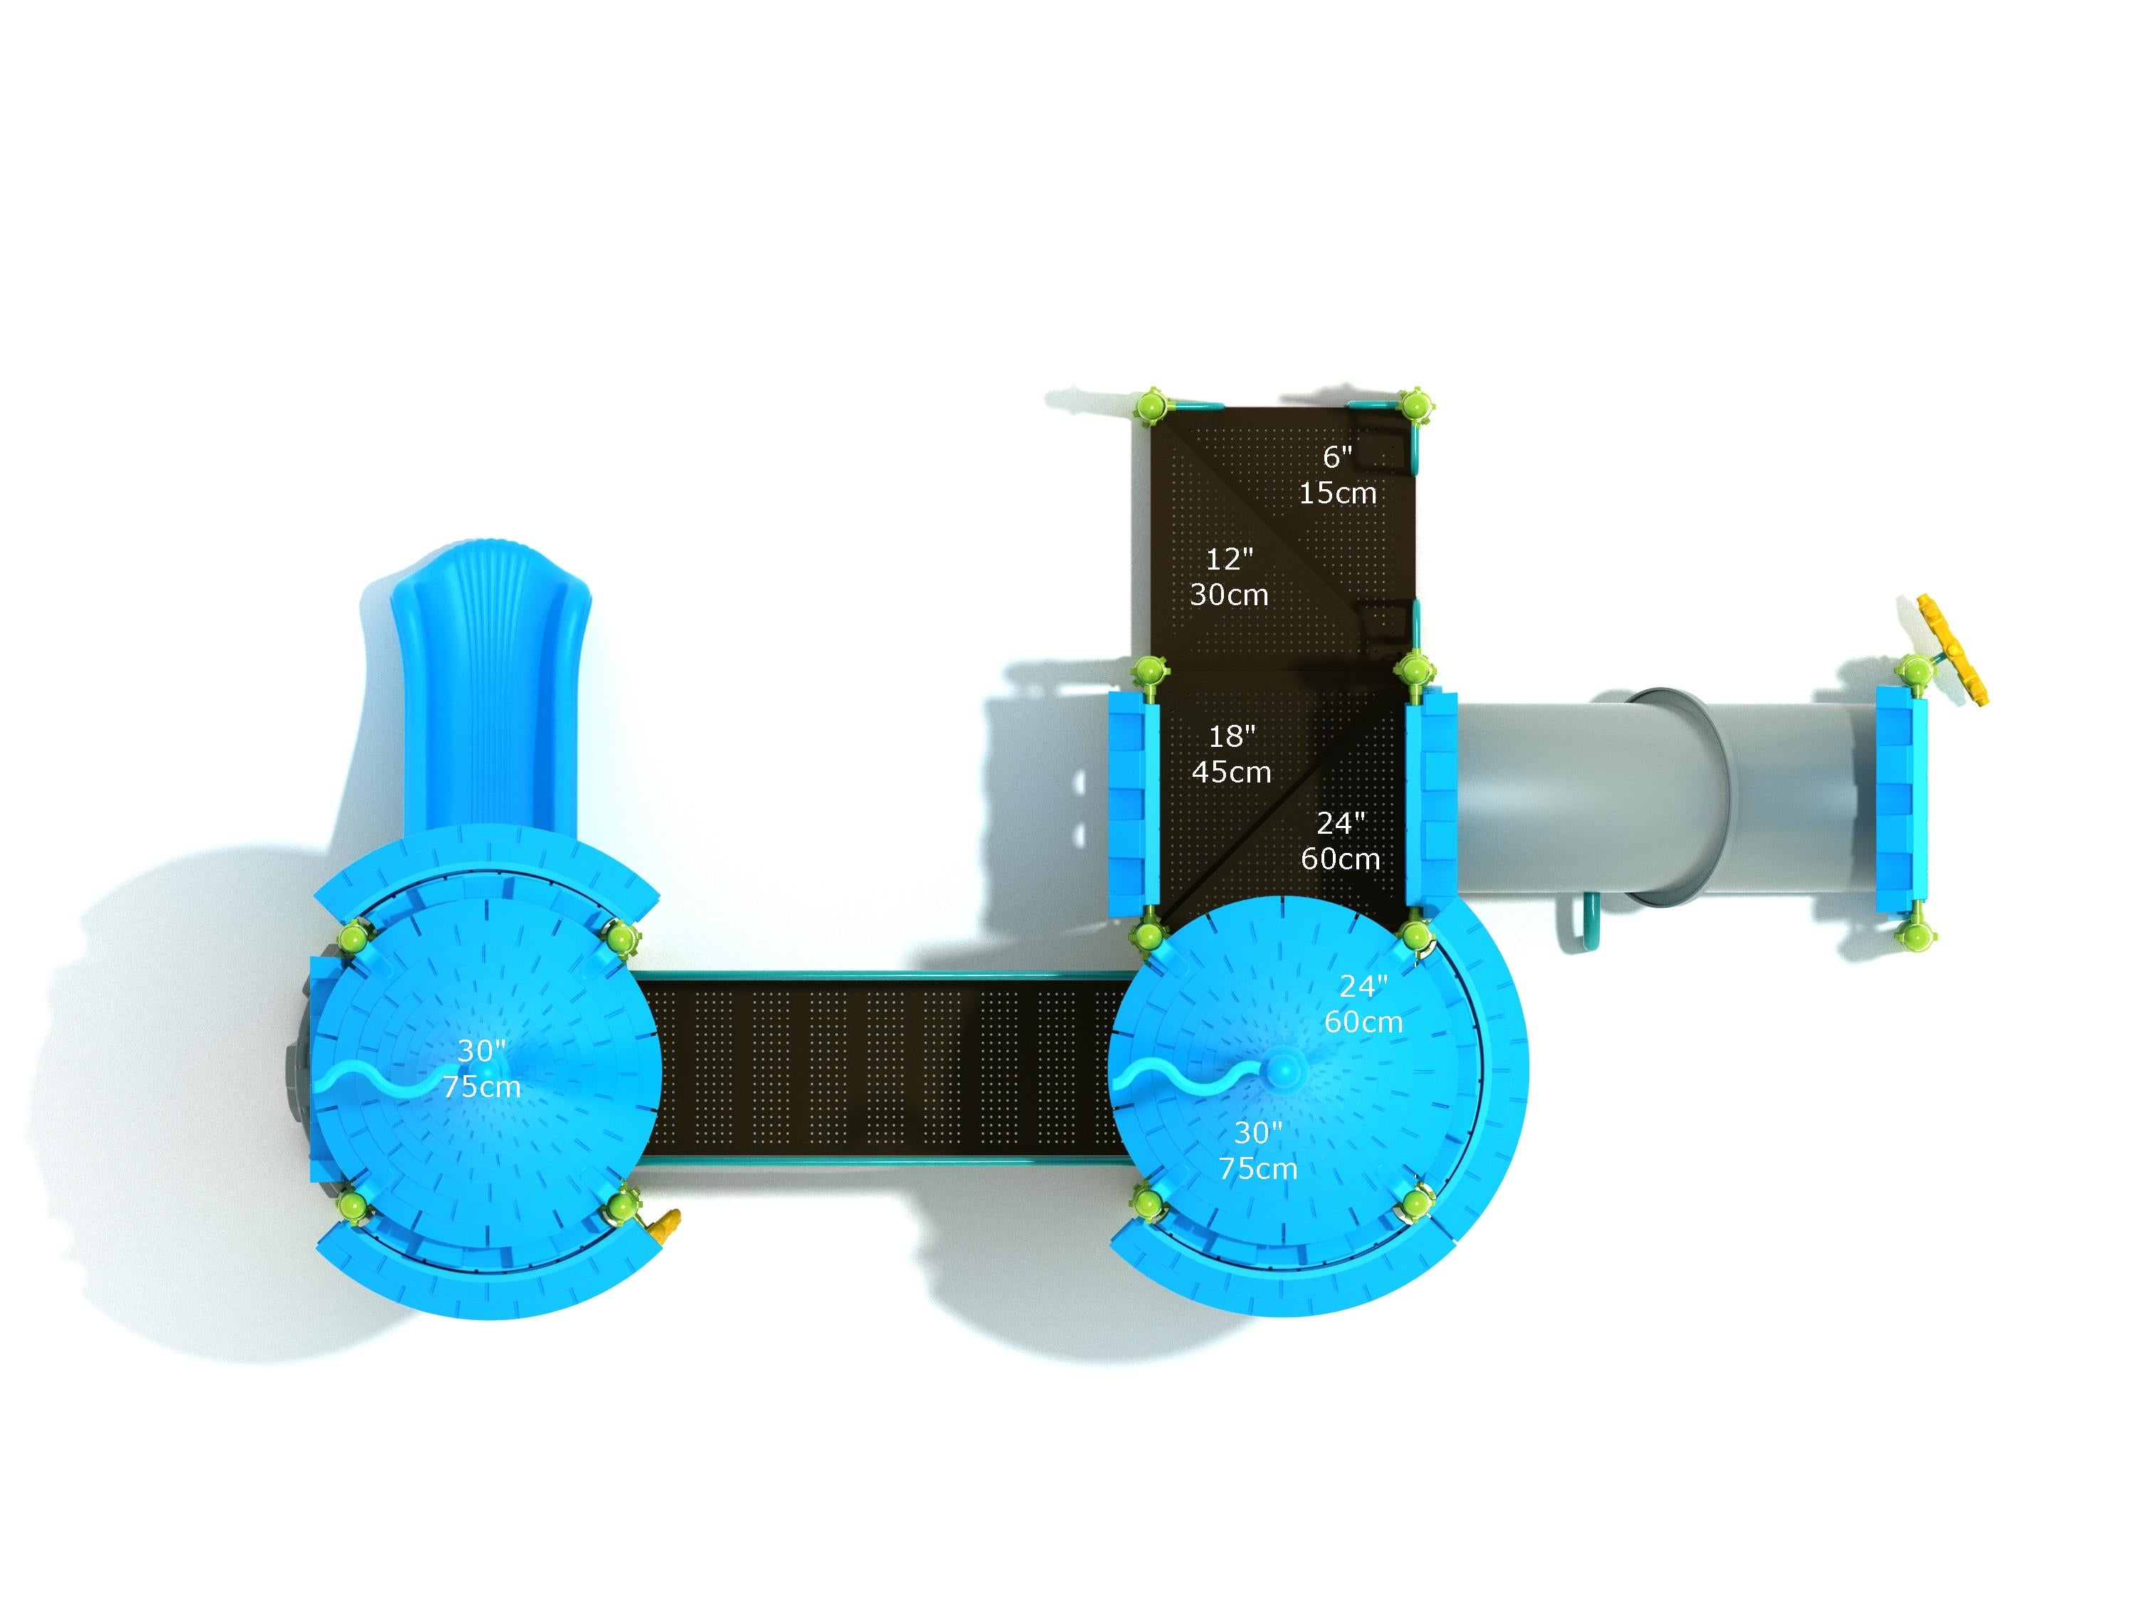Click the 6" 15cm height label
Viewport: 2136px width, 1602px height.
[1337, 475]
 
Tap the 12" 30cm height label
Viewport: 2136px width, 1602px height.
[1228, 577]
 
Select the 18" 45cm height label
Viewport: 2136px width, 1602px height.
[1231, 754]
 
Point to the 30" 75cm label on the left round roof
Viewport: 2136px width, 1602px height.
[482, 1068]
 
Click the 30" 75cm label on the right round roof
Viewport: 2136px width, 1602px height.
[1257, 1150]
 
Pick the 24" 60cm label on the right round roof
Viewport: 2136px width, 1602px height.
[1363, 1003]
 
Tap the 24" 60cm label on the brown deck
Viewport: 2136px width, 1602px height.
[1340, 840]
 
